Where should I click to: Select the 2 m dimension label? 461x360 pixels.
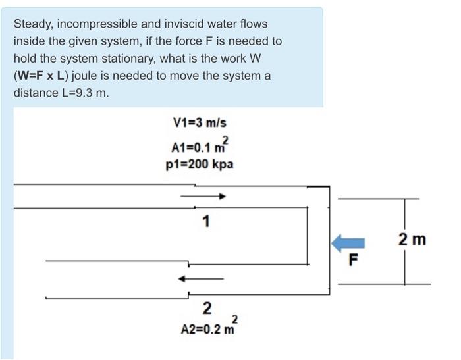coord(412,240)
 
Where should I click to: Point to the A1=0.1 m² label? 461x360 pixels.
coord(202,144)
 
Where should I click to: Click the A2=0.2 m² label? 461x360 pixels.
coord(207,327)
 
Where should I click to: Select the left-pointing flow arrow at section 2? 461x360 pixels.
coord(202,280)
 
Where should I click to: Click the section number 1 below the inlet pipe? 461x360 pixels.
coord(206,221)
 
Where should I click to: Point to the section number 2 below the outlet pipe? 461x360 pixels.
coord(207,307)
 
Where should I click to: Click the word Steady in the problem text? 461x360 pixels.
coord(32,24)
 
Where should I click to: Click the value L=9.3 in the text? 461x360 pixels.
coord(84,93)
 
